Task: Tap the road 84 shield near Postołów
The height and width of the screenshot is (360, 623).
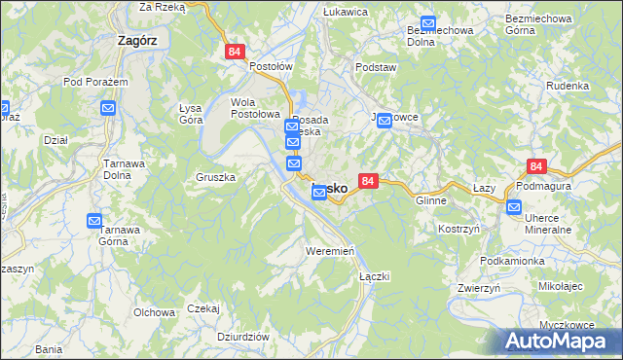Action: [x=234, y=52]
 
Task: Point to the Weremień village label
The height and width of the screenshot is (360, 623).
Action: [x=326, y=251]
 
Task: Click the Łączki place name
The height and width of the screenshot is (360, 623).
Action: [x=374, y=276]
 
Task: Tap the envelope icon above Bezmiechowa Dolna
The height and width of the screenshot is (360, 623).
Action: [x=428, y=23]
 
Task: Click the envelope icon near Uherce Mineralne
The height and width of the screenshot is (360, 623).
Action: [x=513, y=206]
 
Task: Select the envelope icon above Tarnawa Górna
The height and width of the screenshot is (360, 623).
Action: [x=94, y=221]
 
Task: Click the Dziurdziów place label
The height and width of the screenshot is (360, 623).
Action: [x=243, y=336]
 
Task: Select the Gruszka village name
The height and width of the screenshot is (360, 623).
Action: [x=216, y=178]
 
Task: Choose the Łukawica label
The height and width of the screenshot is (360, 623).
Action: [x=345, y=12]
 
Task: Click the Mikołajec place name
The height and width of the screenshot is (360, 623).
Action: [x=559, y=287]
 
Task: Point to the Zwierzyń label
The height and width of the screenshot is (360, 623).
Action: [x=478, y=288]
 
